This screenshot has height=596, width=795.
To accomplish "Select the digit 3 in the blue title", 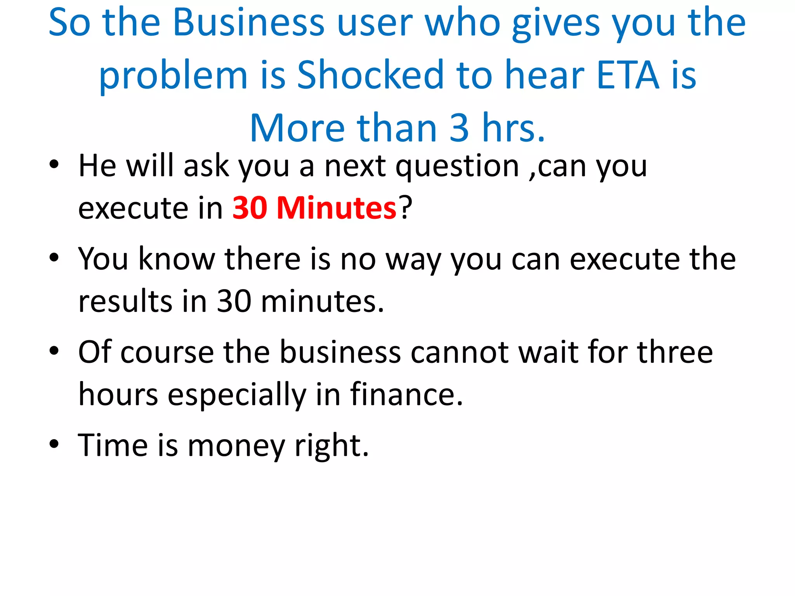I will click(x=459, y=128).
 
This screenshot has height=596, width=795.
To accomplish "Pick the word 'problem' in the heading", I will click(x=173, y=76).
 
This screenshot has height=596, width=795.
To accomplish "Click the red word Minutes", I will click(x=336, y=208).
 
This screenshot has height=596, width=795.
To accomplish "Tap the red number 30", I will click(x=250, y=208).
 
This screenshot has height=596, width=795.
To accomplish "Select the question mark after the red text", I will click(x=406, y=208).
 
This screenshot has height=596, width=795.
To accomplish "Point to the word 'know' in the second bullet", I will click(x=177, y=259).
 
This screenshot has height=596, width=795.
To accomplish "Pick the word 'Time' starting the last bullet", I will click(x=113, y=445).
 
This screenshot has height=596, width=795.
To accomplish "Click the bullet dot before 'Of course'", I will click(x=54, y=350).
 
